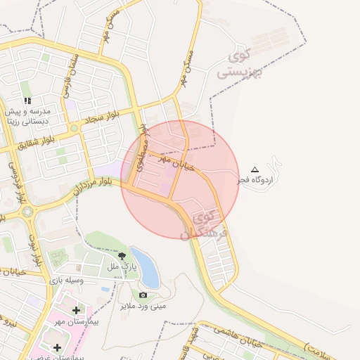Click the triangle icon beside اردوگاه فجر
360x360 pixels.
pyautogui.click(x=255, y=169)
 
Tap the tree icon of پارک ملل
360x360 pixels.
pyautogui.click(x=122, y=257)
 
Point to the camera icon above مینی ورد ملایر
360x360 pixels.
pyautogui.click(x=143, y=295)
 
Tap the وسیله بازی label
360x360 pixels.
pyautogui.click(x=67, y=281)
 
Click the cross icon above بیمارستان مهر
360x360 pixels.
pyautogui.click(x=76, y=310)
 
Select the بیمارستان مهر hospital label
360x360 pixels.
pyautogui.click(x=79, y=321)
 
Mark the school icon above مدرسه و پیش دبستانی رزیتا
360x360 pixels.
pyautogui.click(x=27, y=101)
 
